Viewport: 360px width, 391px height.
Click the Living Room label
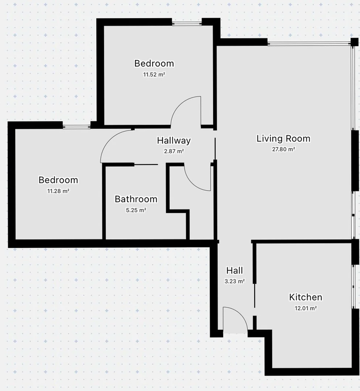pos(284,138)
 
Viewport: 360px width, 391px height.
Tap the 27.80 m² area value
pos(284,149)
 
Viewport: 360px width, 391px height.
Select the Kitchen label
pos(305,297)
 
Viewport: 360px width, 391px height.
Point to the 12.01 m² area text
pos(306,308)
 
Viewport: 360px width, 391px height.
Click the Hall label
pos(234,270)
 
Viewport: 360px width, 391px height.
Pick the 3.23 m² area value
pos(234,281)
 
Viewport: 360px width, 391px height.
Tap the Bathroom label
pos(136,199)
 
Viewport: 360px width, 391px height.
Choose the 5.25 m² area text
pos(136,210)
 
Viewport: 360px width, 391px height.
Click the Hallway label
pos(174,140)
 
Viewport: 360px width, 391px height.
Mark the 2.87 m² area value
pos(174,151)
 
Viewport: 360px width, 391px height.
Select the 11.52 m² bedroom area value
pos(154,75)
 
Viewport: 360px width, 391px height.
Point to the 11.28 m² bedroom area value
pos(58,191)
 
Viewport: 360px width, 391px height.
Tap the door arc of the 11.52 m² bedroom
pos(179,105)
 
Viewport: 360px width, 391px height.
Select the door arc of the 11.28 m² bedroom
pos(109,140)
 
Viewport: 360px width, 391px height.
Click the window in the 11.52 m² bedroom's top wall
pos(187,24)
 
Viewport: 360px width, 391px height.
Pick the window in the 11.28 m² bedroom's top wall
pos(76,127)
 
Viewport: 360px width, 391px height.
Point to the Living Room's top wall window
pos(309,44)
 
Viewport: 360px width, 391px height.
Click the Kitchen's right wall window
pos(353,287)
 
